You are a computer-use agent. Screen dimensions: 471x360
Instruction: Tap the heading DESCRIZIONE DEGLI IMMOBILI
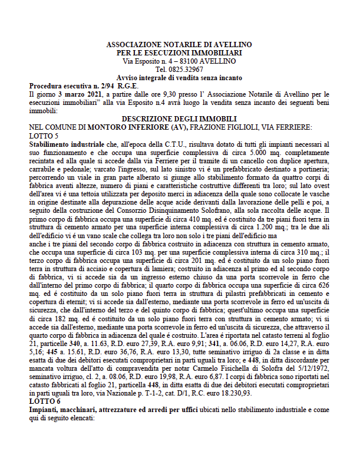click(179, 119)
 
